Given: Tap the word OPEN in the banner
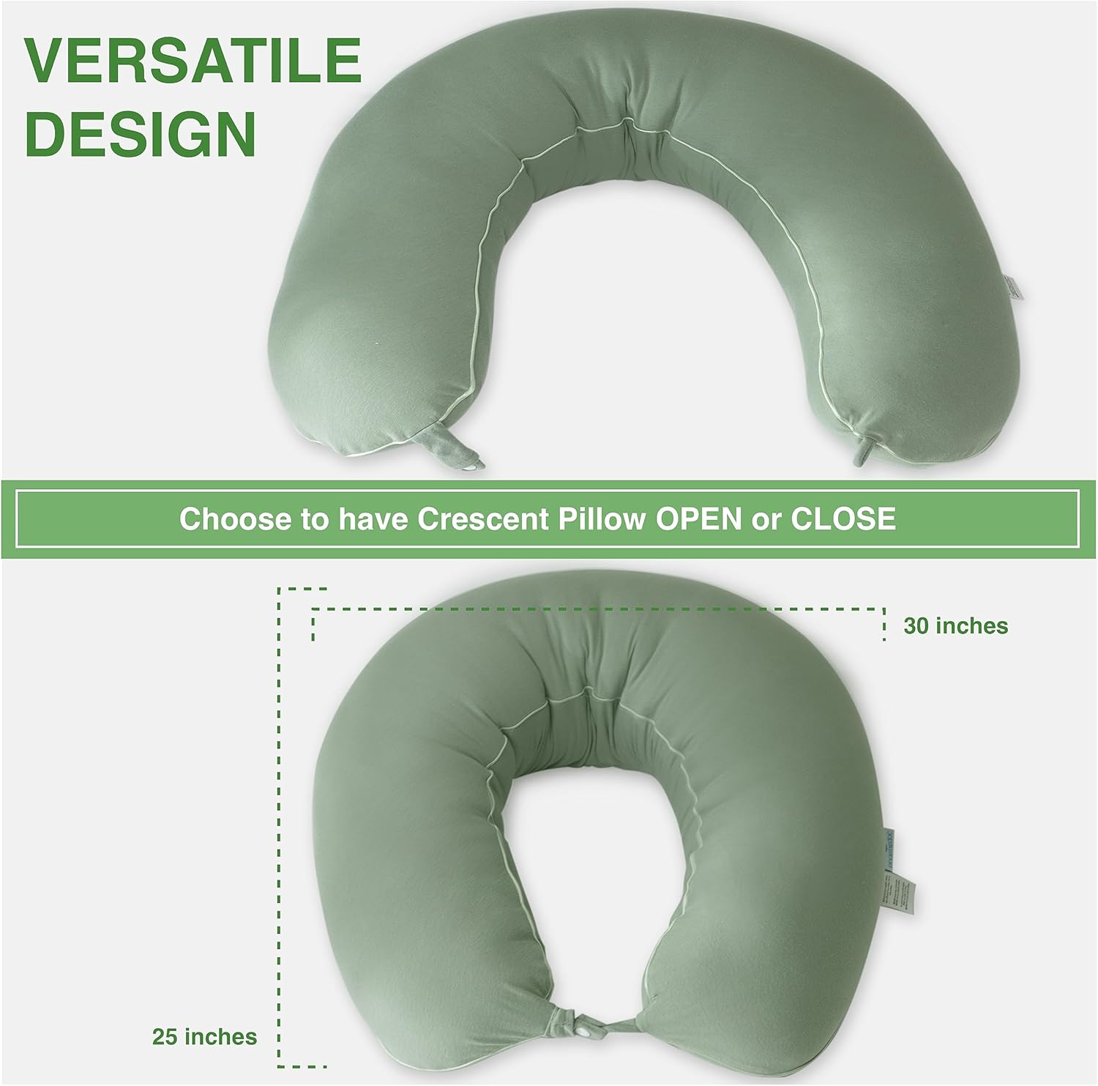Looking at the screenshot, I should point(698,519).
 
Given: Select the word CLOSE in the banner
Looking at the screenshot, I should point(843,519).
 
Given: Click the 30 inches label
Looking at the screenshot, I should point(955,626).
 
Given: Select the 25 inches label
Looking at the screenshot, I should point(204,1037).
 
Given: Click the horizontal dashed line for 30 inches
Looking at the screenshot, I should point(597,609).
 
